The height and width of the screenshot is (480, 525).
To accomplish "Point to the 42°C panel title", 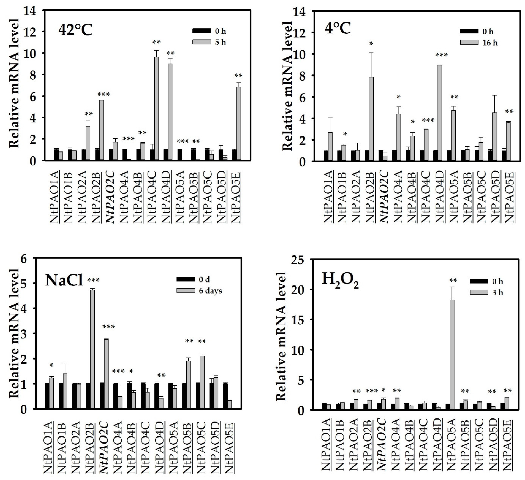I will [x=75, y=31].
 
